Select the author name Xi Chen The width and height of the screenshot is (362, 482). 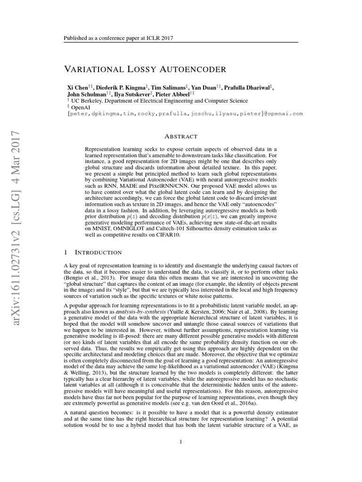tap(77, 88)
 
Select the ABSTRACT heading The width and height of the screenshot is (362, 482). tap(181, 137)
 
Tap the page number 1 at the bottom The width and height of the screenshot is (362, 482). tap(181, 442)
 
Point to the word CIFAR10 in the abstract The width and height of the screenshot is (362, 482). tap(171, 234)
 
